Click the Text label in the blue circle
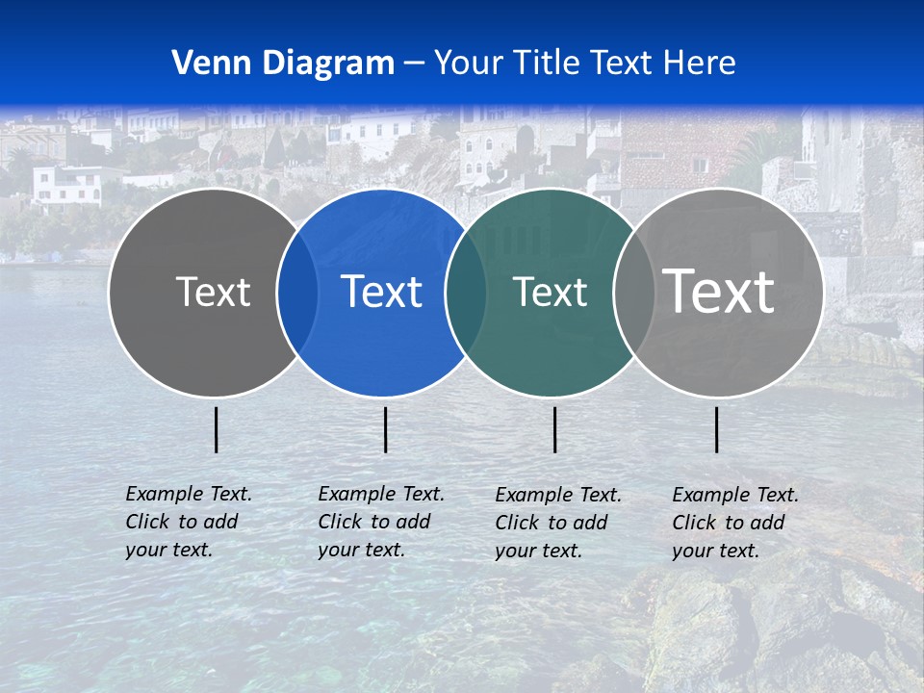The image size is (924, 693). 381,292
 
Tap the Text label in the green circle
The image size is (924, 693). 550,292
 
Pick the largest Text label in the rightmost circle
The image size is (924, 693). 718,291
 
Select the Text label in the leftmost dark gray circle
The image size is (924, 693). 213,292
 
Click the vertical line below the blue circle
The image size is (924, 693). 385,429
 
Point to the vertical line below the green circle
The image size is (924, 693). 555,429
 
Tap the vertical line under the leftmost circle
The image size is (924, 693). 217,429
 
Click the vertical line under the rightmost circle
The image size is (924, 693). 717,429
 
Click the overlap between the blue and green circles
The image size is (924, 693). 465,293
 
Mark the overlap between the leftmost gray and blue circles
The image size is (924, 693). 297,293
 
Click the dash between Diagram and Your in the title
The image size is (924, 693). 413,64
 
